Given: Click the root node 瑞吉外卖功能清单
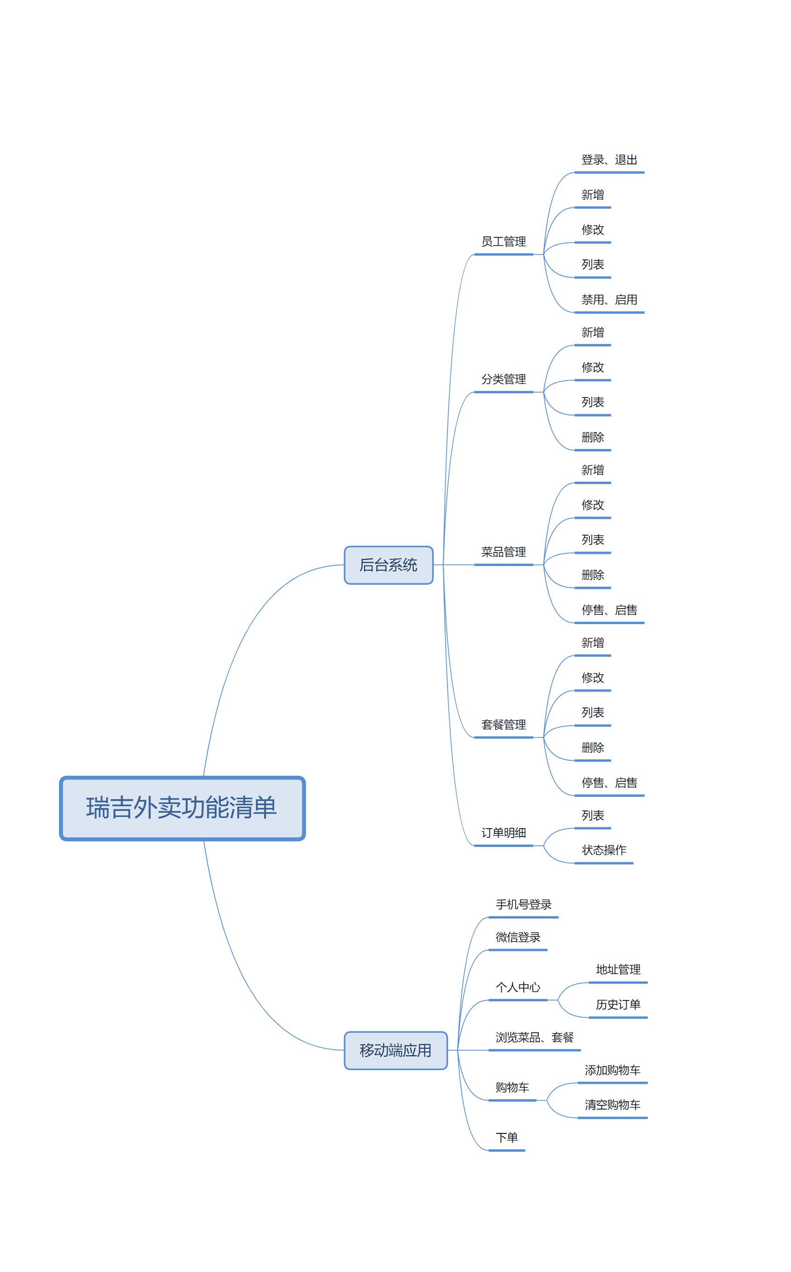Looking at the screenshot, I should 182,808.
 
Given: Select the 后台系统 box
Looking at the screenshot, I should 388,565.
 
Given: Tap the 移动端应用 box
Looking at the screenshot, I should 395,1050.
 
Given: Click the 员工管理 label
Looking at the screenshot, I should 503,242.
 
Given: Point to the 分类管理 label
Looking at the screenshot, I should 503,379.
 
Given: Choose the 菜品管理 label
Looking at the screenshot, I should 503,552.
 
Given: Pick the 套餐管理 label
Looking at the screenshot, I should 503,725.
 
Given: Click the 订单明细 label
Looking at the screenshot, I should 503,833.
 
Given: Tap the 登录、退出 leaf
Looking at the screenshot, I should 609,160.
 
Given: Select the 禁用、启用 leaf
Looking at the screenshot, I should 609,300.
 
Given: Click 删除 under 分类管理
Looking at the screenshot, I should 593,437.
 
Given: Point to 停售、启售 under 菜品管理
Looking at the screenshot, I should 609,610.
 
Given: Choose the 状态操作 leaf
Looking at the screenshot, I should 604,850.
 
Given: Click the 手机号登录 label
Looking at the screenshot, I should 523,904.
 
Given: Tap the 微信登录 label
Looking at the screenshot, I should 518,938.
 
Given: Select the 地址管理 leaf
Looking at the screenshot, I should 618,970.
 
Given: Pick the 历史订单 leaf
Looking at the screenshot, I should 618,1005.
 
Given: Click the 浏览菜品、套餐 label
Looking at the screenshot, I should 534,1037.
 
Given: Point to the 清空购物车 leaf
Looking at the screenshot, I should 612,1104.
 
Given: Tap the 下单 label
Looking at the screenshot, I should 506,1138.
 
